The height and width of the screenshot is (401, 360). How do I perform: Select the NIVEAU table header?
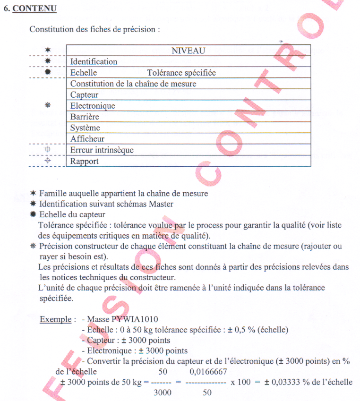tap(188, 51)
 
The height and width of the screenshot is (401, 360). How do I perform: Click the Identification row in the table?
tap(94, 61)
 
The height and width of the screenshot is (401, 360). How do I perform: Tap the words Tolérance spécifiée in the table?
tap(181, 73)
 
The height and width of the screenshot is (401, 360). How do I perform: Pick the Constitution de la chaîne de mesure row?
tap(133, 84)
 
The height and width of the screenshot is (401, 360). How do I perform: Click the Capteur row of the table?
tap(85, 95)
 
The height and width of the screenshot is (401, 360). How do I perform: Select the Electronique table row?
tap(93, 106)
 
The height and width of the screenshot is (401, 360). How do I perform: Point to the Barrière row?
tap(85, 117)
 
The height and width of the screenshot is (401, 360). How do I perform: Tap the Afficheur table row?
tap(87, 139)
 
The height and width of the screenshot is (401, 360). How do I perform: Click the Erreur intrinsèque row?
tap(102, 150)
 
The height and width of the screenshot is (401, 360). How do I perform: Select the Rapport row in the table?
tap(85, 161)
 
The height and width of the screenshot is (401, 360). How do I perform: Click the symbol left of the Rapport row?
tap(47, 161)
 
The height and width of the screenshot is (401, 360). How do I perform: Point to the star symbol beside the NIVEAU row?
tap(47, 50)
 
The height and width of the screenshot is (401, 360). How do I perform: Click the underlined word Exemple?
tap(55, 319)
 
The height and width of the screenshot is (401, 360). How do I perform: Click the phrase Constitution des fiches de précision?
tap(94, 29)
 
